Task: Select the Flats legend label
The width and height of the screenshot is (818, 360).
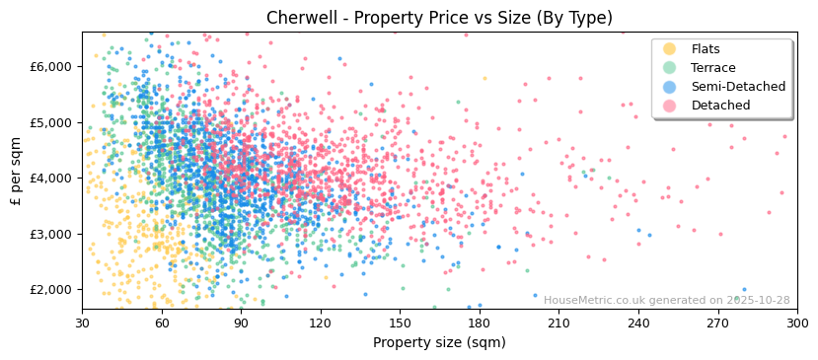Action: pyautogui.click(x=706, y=49)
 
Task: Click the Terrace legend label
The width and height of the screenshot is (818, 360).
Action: pyautogui.click(x=713, y=68)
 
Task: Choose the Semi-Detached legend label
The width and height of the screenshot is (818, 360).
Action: pyautogui.click(x=738, y=87)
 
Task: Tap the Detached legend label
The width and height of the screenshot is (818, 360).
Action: pyautogui.click(x=720, y=106)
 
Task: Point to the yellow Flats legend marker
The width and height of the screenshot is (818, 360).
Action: pyautogui.click(x=670, y=49)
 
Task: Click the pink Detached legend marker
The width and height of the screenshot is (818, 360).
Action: pyautogui.click(x=670, y=106)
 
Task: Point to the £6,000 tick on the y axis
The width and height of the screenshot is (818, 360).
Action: pyautogui.click(x=50, y=67)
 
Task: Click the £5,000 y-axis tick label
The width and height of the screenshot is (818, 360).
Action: pyautogui.click(x=50, y=122)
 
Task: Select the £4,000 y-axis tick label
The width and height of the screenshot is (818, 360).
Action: pyautogui.click(x=50, y=179)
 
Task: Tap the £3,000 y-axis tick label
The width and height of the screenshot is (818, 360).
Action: pyautogui.click(x=50, y=234)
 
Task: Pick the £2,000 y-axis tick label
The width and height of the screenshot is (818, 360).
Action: pyautogui.click(x=50, y=290)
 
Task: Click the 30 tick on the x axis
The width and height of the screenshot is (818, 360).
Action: pyautogui.click(x=82, y=324)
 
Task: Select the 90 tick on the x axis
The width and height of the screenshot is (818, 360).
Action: pyautogui.click(x=241, y=324)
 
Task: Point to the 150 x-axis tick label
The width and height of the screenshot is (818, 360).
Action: pyautogui.click(x=400, y=324)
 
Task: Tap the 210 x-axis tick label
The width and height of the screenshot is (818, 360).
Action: pyautogui.click(x=558, y=324)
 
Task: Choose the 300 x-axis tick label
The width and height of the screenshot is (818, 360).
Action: pyautogui.click(x=797, y=324)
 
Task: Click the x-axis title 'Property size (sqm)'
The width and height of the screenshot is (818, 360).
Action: pyautogui.click(x=439, y=342)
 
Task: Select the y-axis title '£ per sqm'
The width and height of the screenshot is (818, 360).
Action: pyautogui.click(x=17, y=172)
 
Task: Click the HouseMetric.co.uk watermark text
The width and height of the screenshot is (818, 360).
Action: pyautogui.click(x=666, y=301)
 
